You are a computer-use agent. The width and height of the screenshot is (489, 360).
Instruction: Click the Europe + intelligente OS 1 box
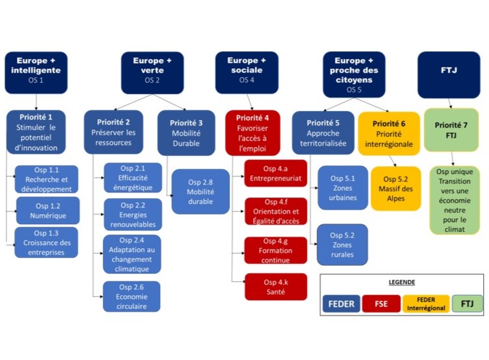37,70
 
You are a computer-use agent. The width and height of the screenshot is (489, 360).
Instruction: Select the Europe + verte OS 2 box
152,70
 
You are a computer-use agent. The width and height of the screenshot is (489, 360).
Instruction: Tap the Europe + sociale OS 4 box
246,70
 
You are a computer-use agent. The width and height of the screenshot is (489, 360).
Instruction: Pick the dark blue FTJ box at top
448,70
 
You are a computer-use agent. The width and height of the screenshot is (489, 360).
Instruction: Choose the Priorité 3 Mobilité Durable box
186,133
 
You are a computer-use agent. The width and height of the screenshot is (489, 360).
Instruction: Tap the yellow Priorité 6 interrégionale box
389,133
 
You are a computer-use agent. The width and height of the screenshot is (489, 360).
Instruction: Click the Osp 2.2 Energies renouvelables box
131,215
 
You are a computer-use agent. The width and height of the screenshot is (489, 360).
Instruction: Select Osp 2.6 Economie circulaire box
131,296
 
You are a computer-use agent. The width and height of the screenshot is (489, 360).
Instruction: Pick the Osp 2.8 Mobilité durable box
200,192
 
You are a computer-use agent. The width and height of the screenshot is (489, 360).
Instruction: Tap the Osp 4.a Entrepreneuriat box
275,174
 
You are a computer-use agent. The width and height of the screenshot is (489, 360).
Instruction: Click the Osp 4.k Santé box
275,287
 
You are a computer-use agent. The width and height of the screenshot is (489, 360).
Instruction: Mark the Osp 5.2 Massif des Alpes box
395,188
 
